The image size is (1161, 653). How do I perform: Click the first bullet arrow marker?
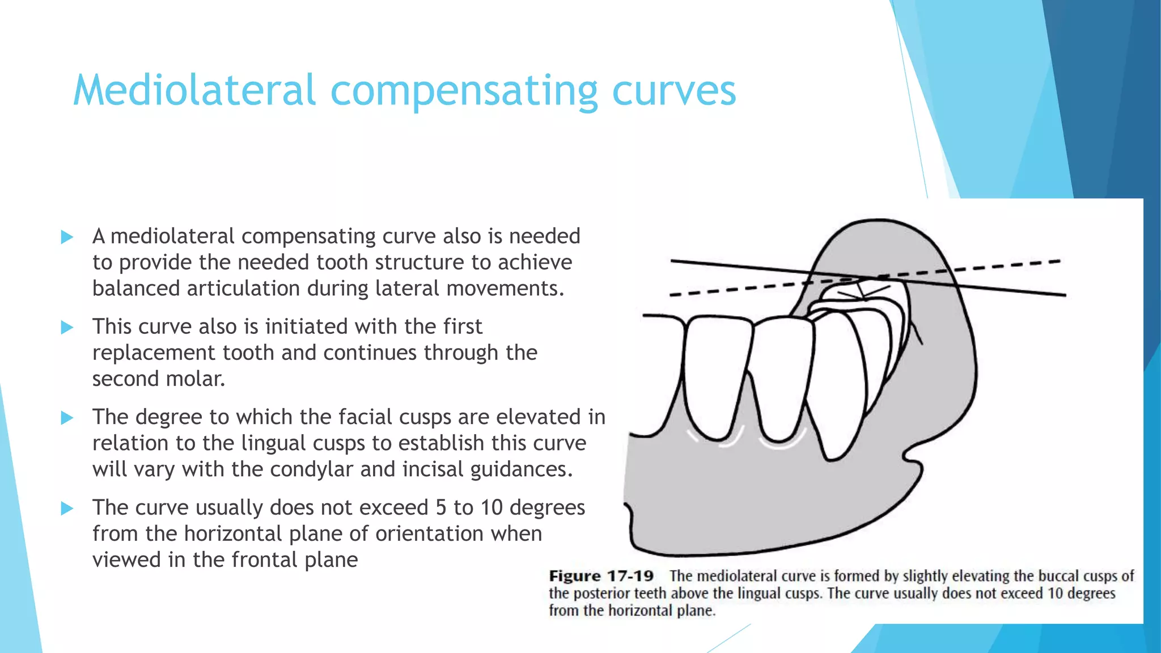tap(67, 237)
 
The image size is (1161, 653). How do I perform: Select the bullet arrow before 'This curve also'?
tap(67, 327)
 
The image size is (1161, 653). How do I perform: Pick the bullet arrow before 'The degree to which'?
tap(67, 418)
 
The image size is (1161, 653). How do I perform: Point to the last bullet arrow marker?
tap(67, 508)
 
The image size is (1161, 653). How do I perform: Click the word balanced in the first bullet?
tap(135, 289)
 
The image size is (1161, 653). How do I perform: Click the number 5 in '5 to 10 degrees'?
tap(440, 507)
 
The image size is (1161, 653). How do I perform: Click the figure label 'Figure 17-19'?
tap(601, 576)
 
